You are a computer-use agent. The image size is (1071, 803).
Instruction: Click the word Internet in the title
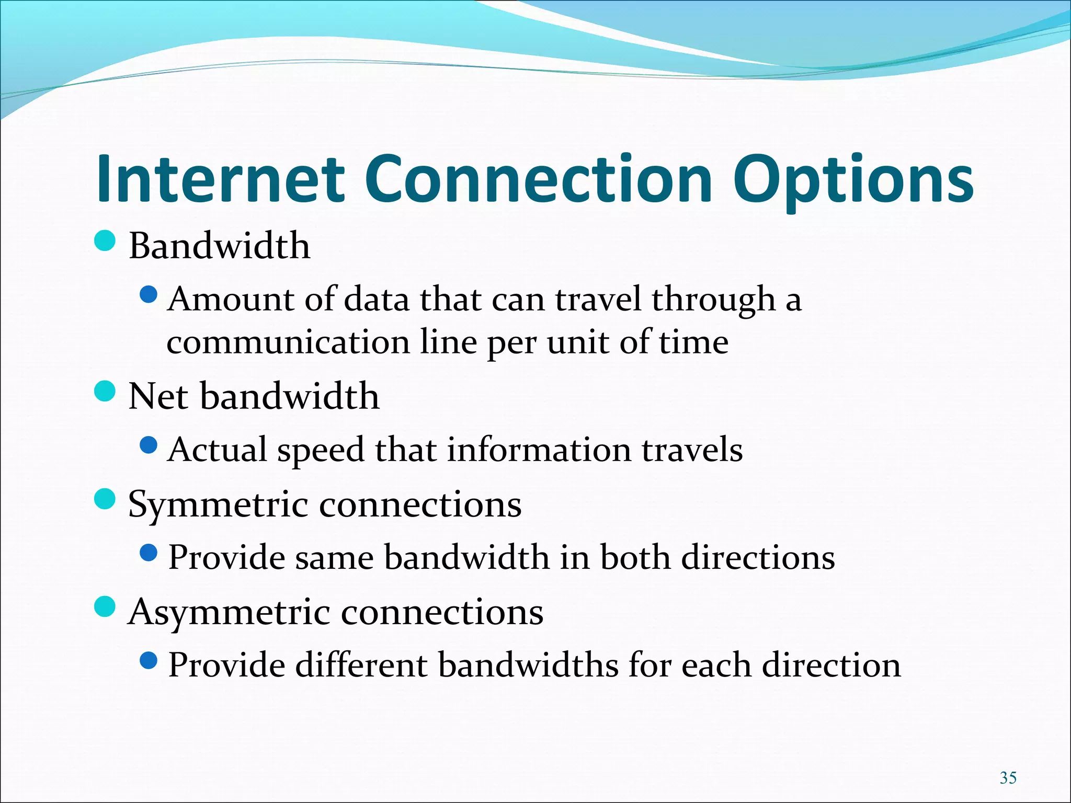pos(220,179)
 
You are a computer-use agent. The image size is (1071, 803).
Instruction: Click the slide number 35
pos(1008,777)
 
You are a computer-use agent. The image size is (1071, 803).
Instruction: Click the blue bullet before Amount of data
pos(149,295)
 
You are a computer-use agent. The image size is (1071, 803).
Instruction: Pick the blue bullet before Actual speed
pos(149,445)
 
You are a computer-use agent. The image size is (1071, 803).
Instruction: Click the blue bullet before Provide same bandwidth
pos(149,553)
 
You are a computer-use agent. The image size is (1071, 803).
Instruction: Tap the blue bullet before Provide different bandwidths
pos(149,661)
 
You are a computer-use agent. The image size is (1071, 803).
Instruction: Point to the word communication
pos(288,342)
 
